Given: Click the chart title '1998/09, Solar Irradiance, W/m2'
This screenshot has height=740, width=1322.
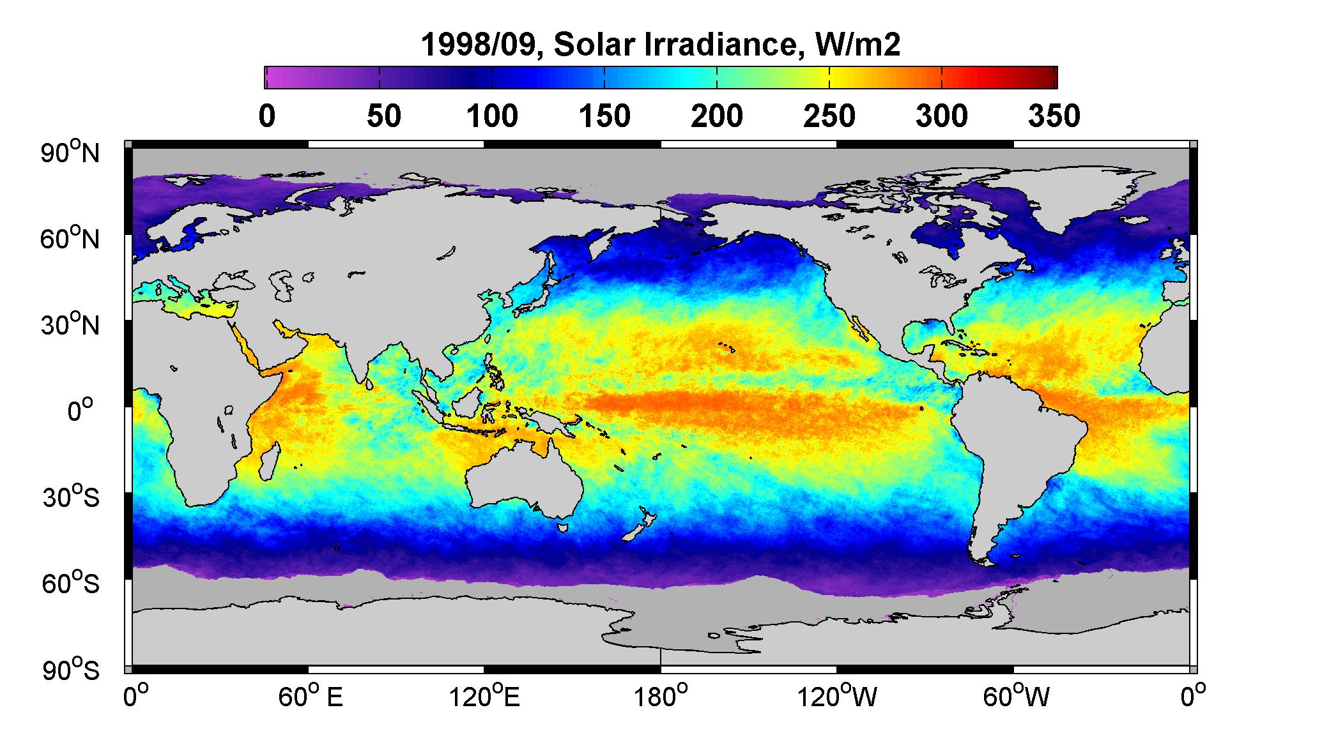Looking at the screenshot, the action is [660, 45].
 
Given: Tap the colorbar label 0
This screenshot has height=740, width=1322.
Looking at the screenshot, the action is [267, 116].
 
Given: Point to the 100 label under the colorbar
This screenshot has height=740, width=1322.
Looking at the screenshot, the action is [491, 116].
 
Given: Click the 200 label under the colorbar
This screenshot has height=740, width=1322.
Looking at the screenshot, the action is [717, 116].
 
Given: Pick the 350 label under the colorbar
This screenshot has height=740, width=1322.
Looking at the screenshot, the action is [1054, 116].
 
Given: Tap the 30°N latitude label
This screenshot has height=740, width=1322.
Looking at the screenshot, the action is [70, 324].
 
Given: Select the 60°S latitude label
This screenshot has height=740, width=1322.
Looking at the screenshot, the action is [72, 582].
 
